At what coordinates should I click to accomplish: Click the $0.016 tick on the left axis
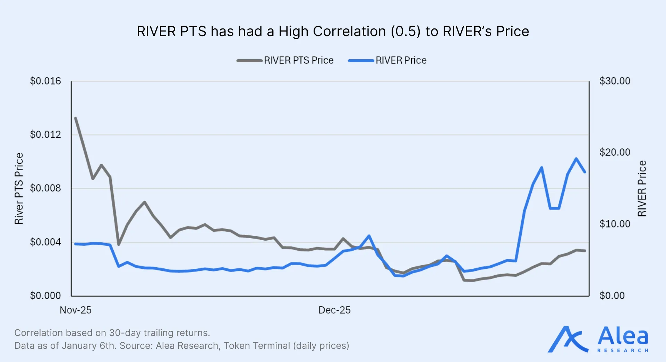pos(45,81)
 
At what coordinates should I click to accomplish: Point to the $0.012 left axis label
pos(45,135)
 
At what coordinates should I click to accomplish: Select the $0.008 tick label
pos(45,188)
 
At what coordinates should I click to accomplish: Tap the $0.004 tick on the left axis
pos(45,242)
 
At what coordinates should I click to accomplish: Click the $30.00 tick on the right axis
pos(615,81)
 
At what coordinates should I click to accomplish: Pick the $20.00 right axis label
pos(615,152)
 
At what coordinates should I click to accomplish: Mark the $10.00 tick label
pos(615,224)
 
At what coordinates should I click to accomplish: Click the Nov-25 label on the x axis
pos(75,310)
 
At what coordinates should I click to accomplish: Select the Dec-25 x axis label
pos(334,310)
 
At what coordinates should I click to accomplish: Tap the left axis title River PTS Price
pos(19,189)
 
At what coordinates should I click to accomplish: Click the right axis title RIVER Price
pos(642,189)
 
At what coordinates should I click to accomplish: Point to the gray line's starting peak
pos(76,118)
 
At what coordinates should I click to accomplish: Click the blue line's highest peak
pos(576,159)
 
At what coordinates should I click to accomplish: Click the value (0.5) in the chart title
pos(405,32)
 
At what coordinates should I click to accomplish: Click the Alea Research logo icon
pos(567,339)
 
